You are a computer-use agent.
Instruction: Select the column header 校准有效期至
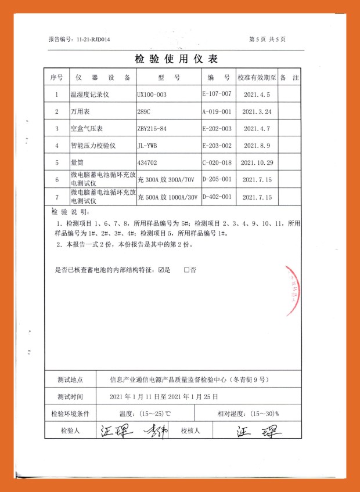pos(256,77)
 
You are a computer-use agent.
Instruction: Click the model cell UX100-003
pos(152,94)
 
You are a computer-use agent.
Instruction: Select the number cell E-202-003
pos(217,128)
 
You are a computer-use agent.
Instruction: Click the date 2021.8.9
pos(256,146)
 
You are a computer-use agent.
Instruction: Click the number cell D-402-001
pos(217,197)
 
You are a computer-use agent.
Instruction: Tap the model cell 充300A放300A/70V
pos(168,180)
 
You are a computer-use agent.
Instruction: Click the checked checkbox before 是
pos(161,270)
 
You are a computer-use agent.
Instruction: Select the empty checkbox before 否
pos(187,270)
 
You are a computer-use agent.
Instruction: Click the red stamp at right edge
pos(294,290)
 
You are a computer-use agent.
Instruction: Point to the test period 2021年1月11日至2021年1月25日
pos(164,397)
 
